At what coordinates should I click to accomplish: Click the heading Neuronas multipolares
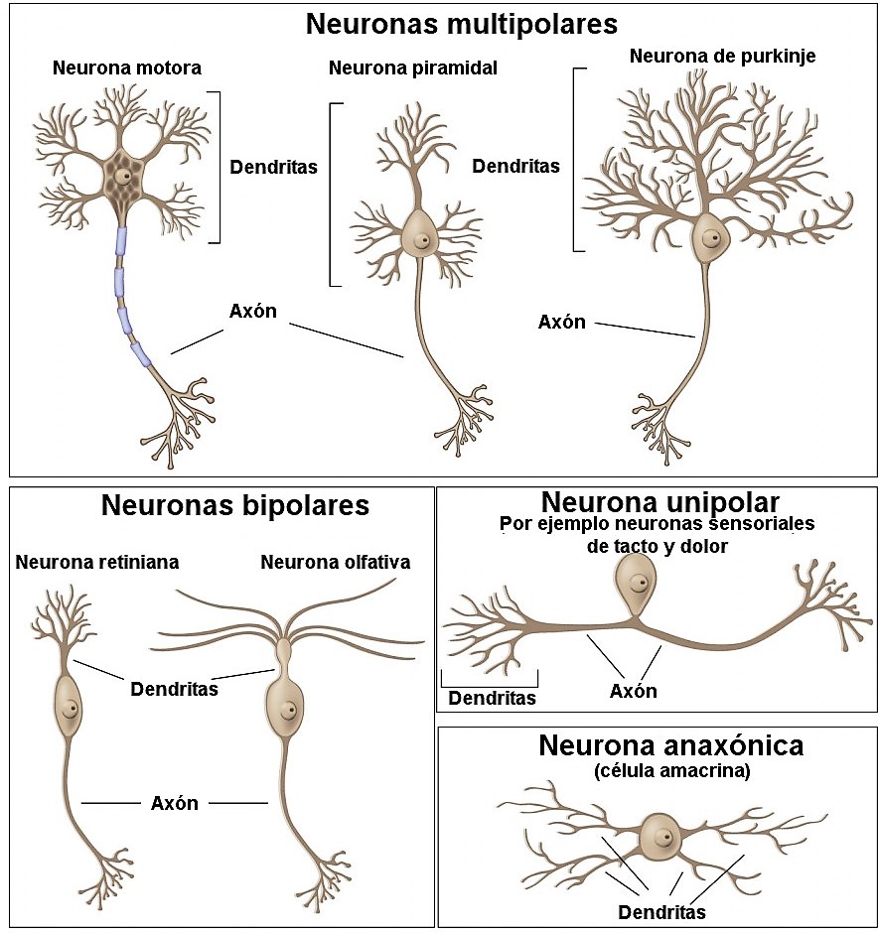pos(461,24)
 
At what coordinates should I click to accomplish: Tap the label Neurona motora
pos(126,68)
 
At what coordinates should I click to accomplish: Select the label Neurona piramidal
pos(412,68)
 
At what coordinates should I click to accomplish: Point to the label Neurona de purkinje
pos(722,56)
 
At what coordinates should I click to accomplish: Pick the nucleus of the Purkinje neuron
pos(711,238)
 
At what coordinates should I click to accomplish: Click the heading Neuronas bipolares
pos(234,506)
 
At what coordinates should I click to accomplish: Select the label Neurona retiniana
pos(97,563)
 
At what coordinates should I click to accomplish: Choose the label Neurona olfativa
pos(335,563)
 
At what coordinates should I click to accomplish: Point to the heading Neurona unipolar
pos(659,502)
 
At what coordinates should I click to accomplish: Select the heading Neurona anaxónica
pos(657,745)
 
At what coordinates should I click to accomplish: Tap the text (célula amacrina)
pos(657,770)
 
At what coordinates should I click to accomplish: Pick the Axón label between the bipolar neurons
pos(175,803)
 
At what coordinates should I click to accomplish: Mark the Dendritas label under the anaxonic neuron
pos(661,912)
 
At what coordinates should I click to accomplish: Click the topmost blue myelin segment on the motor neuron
pos(121,242)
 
